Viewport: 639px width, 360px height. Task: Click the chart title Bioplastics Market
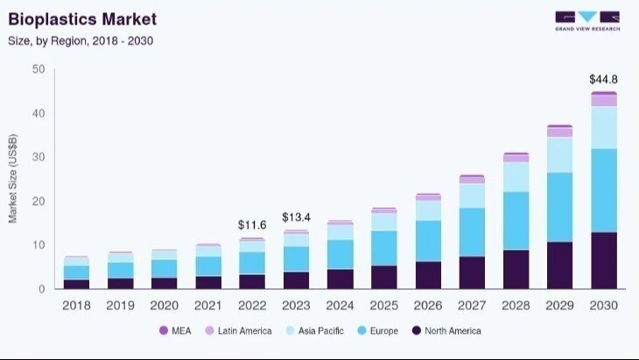click(x=82, y=18)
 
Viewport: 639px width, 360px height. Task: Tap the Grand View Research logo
click(x=586, y=20)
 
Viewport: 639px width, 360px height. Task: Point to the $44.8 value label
click(x=603, y=79)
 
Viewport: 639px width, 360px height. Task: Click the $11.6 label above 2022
click(x=252, y=225)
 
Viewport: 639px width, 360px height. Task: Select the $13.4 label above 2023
click(x=296, y=217)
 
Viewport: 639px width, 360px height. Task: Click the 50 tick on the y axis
click(x=39, y=69)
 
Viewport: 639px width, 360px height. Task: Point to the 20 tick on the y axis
click(x=39, y=201)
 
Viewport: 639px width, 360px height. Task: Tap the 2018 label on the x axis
click(x=76, y=305)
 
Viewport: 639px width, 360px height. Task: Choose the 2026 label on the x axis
click(x=428, y=305)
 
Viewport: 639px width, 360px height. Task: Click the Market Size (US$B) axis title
click(x=13, y=179)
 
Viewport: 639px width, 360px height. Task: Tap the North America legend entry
click(x=446, y=331)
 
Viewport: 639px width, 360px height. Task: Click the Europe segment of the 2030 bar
click(x=603, y=190)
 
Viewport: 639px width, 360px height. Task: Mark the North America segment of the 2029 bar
click(x=559, y=265)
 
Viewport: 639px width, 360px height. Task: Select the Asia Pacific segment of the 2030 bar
click(x=603, y=128)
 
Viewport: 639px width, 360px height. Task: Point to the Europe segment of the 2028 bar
click(x=516, y=221)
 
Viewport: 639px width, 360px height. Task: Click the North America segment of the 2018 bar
click(x=76, y=284)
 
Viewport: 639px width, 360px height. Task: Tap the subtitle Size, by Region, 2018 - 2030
click(x=81, y=40)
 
